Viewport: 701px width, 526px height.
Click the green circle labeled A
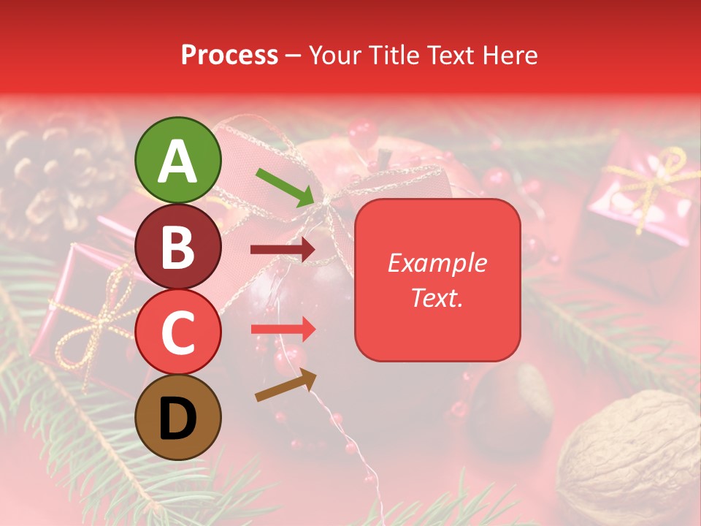178,160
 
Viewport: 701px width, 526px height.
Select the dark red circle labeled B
178,246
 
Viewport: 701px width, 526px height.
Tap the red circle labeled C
178,332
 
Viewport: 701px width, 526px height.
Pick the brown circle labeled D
178,417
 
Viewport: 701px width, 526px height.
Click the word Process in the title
229,55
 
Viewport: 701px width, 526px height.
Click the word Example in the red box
437,263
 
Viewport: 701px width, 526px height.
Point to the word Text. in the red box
437,297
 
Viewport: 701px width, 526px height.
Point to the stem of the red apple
384,156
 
